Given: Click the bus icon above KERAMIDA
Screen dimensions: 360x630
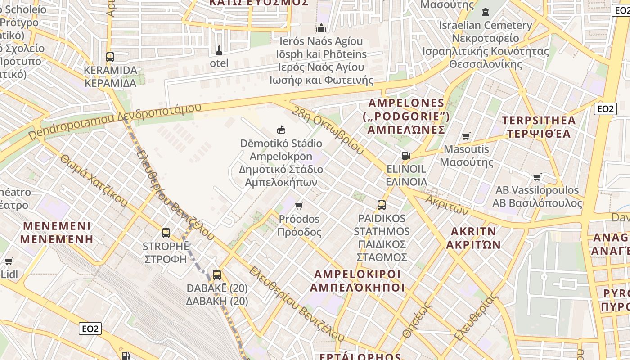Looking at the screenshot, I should coord(110,57).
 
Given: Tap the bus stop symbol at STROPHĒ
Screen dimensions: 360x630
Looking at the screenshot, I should coord(166,233).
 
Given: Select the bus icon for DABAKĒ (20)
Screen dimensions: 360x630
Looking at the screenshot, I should coord(217,274).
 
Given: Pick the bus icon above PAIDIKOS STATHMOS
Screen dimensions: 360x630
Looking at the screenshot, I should coord(382,205).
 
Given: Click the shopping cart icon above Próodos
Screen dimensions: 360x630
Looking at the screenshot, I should coord(299,206).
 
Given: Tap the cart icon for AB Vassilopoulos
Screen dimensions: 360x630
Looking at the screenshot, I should coord(537,177).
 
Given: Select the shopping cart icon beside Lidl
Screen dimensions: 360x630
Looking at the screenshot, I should coord(9,261).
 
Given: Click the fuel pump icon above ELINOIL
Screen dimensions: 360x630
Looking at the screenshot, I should coord(406,156).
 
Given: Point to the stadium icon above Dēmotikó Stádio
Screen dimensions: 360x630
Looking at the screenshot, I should coord(281,130).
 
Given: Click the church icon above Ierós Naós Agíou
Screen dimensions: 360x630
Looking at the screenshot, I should coord(321,28).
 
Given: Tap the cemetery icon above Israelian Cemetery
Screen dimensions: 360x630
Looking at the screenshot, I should coord(485,12).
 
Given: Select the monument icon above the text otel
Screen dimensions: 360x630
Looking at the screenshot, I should coord(219,49).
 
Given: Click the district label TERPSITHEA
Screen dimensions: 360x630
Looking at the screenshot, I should coord(539,121).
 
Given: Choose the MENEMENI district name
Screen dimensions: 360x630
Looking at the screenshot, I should coord(57,226).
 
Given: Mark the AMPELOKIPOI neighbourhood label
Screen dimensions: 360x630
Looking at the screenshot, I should coord(357,274).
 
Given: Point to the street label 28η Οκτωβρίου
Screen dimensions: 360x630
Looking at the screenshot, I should coord(327,130).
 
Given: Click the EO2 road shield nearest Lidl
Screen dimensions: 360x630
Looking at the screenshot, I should coord(90,328).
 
